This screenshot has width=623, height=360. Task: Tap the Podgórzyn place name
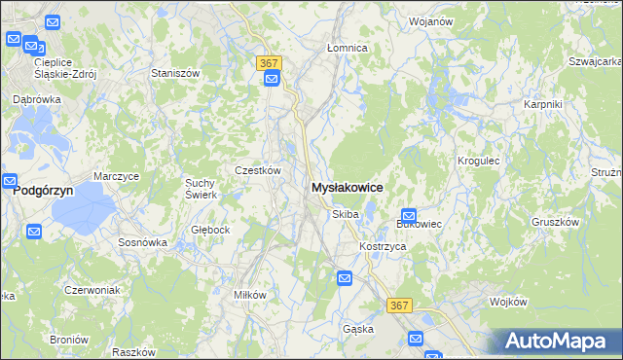coord(44,193)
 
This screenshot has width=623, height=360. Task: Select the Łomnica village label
coord(347,48)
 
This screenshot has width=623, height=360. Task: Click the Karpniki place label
coord(541,104)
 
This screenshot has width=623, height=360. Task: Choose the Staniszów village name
coord(175,73)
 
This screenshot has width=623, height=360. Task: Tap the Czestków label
coord(258,170)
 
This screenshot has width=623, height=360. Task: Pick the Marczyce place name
coord(117,176)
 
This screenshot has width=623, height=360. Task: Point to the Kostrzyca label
coord(382,247)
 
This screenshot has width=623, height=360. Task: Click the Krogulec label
coord(478,160)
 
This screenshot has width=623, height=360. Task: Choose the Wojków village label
coord(507,303)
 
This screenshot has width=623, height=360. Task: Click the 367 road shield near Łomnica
coord(271,62)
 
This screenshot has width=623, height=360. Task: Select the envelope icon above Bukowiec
coord(409,216)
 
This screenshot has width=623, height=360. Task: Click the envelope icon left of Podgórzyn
coord(10,181)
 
